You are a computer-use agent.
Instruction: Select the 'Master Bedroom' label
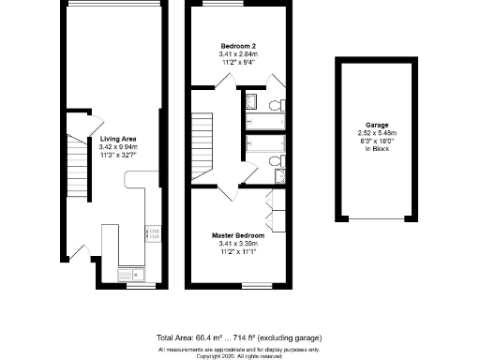point(235,235)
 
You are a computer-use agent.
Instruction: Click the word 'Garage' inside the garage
point(378,126)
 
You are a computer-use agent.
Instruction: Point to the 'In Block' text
point(378,148)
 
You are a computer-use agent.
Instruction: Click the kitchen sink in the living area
point(130,273)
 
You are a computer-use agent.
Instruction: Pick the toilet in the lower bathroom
point(275,164)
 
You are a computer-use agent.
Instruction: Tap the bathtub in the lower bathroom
point(256,145)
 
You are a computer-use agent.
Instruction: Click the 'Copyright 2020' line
point(240,356)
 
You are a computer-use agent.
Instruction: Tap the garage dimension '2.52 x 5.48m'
point(378,133)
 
